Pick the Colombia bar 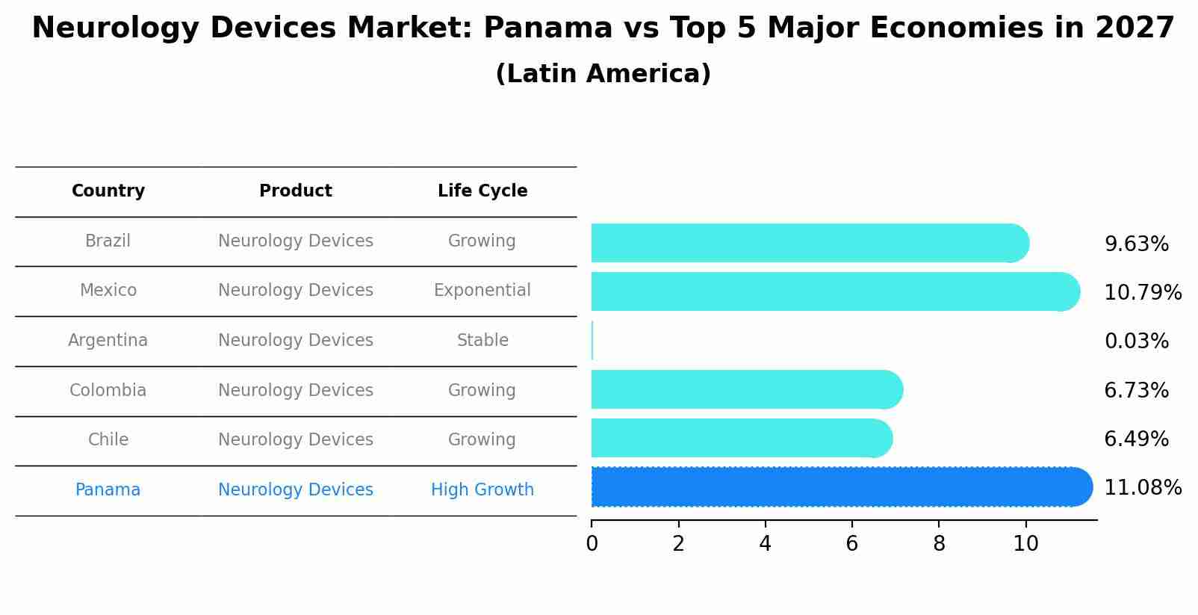pyautogui.click(x=747, y=389)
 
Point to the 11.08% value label pyautogui.click(x=1143, y=488)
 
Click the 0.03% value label pyautogui.click(x=1136, y=342)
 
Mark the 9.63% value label pyautogui.click(x=1136, y=244)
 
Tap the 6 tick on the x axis pyautogui.click(x=852, y=544)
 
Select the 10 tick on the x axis pyautogui.click(x=1025, y=544)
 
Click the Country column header pyautogui.click(x=108, y=191)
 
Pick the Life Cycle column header pyautogui.click(x=482, y=191)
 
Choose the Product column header pyautogui.click(x=296, y=191)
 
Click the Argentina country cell pyautogui.click(x=108, y=341)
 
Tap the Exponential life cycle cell pyautogui.click(x=482, y=291)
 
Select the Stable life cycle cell pyautogui.click(x=482, y=341)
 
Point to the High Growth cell pyautogui.click(x=482, y=490)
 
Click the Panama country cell pyautogui.click(x=108, y=490)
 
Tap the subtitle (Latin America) pyautogui.click(x=603, y=74)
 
